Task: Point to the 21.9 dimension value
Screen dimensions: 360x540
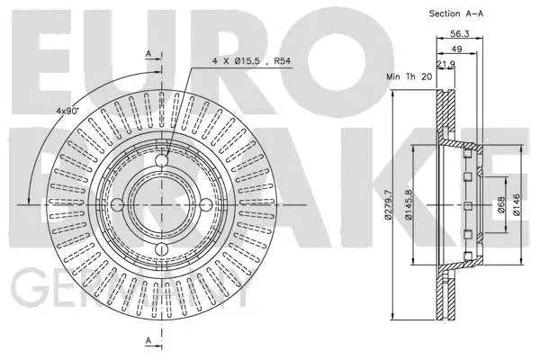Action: (x=445, y=65)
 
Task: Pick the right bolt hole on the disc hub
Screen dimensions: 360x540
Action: (x=204, y=204)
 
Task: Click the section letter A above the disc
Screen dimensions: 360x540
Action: (x=148, y=55)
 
